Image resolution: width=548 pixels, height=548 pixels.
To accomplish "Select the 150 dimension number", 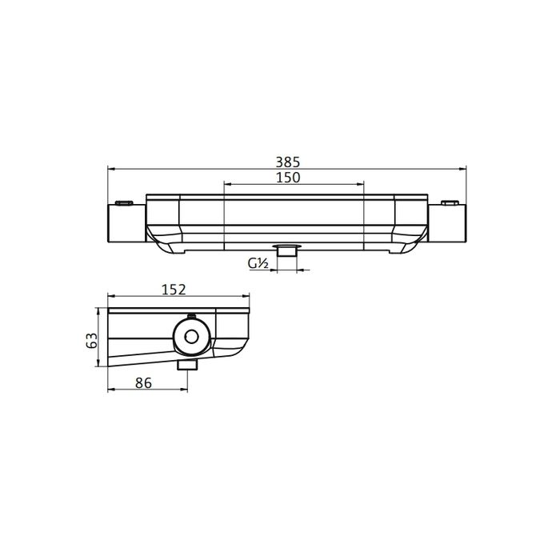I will coord(288,178).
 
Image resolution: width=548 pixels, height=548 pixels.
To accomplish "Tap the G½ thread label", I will coord(257,262).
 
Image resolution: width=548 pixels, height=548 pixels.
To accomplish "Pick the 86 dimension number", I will coord(144,384).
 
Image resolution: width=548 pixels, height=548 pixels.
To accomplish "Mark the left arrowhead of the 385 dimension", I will coord(111,169).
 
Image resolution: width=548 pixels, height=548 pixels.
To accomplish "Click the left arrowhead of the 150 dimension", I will coord(226,185).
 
